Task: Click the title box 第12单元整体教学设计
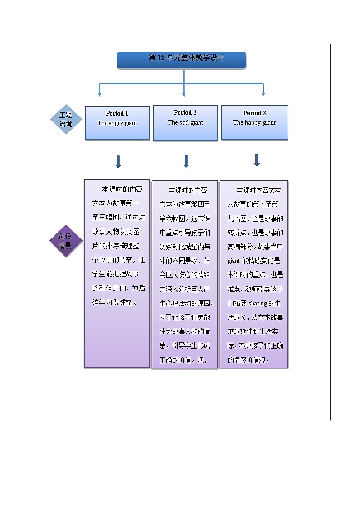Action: click(181, 59)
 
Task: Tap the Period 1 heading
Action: click(117, 113)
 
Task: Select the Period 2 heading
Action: click(185, 112)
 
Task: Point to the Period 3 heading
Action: click(254, 113)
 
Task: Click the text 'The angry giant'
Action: click(117, 123)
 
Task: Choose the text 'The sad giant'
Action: click(185, 122)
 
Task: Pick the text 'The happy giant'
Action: click(254, 122)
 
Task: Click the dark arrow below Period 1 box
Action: click(118, 162)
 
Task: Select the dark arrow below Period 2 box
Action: click(185, 161)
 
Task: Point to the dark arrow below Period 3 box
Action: click(257, 160)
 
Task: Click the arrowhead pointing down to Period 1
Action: click(99, 94)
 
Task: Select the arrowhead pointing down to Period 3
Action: click(263, 94)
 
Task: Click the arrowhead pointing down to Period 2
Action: click(184, 94)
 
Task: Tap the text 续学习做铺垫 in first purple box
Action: click(113, 302)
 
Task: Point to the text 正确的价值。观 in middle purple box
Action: click(183, 360)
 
